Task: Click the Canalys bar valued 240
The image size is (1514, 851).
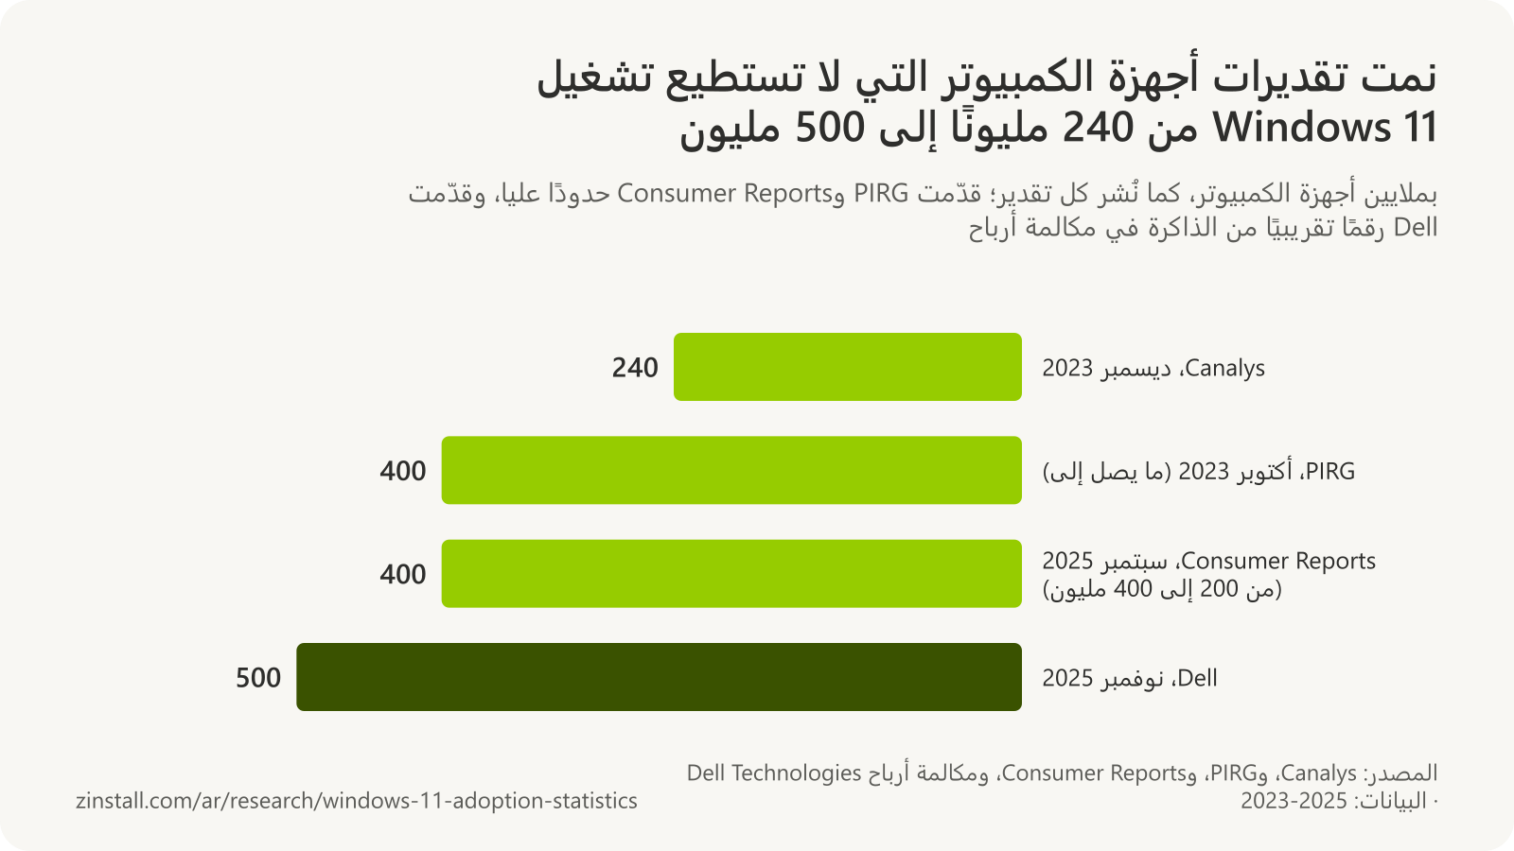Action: point(848,367)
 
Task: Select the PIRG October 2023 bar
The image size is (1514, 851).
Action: point(731,470)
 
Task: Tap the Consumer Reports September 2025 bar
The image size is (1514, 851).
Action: point(731,573)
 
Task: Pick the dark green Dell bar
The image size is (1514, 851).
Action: point(659,677)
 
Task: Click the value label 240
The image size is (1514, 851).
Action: point(635,368)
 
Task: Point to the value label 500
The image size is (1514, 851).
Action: point(258,678)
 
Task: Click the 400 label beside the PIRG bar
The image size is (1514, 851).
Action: point(403,472)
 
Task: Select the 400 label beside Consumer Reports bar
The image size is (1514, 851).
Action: point(403,575)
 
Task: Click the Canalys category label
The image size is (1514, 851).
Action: point(1153,368)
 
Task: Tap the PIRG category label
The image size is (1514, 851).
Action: point(1198,472)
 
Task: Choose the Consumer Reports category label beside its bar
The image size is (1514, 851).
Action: point(1208,575)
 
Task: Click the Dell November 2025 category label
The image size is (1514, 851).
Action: point(1130,678)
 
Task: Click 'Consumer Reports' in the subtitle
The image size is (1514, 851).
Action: point(723,194)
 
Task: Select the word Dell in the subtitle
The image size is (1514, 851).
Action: point(1416,228)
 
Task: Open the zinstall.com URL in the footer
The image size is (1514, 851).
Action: point(356,801)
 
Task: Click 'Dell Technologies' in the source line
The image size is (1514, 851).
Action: point(774,773)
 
